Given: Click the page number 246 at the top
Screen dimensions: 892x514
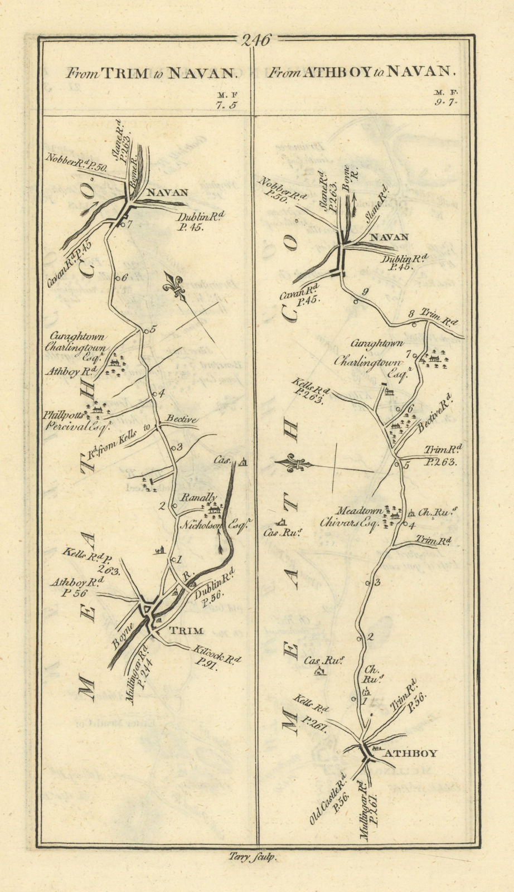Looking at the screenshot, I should [256, 40].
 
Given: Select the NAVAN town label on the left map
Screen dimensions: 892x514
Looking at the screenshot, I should [166, 193].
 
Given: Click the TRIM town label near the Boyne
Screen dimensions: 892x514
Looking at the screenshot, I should [186, 631].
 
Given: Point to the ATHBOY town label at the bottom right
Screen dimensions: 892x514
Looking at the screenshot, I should [411, 753].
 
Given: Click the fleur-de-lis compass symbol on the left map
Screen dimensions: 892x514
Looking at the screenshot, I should [174, 286].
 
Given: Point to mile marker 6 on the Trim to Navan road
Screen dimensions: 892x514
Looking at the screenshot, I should [120, 278].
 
